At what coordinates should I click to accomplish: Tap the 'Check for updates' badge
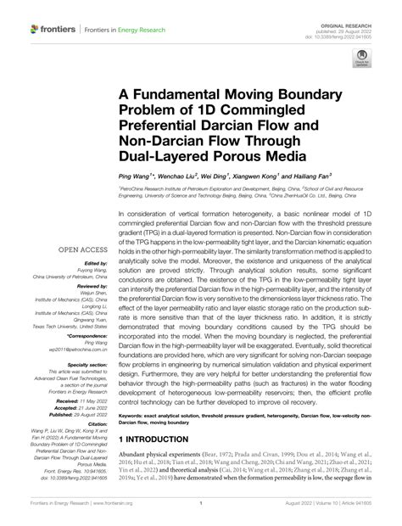click(x=361, y=61)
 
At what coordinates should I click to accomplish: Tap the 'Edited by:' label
click(x=90, y=263)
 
